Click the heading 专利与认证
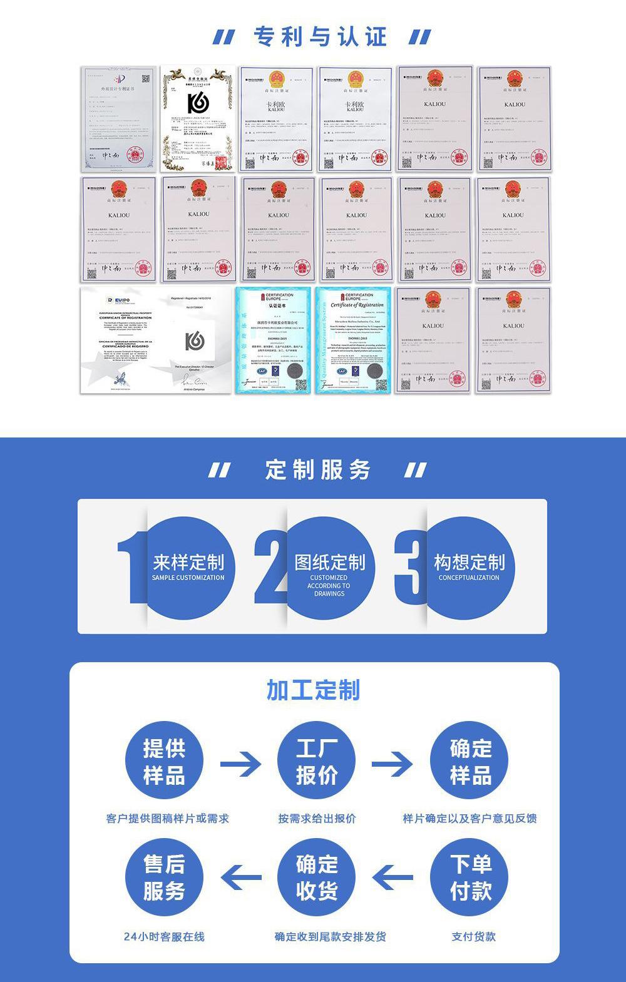pos(321,37)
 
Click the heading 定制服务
pos(318,469)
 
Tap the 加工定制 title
pos(314,690)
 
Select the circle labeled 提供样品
pos(164,762)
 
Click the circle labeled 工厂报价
pos(317,762)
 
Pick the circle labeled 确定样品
pos(470,762)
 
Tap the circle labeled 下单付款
pos(470,877)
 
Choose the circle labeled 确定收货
pos(317,877)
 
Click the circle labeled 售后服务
pos(164,877)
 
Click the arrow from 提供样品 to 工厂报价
pos(240,764)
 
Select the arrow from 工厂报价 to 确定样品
pos(393,764)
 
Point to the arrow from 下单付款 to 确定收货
pos(393,877)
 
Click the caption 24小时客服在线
pos(164,936)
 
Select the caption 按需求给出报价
pos(317,818)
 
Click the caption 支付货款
pos(473,936)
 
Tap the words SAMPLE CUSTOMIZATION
pos(188,578)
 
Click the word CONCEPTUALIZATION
pos(469,578)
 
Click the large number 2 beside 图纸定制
pos(270,566)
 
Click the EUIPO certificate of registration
pos(156,341)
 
